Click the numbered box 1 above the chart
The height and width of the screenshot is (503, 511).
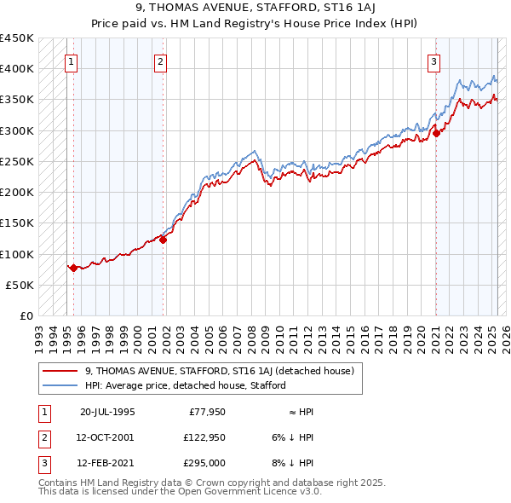[x=71, y=61]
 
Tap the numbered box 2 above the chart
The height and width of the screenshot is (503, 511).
[x=160, y=61]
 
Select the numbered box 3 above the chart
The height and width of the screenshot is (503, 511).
[x=433, y=61]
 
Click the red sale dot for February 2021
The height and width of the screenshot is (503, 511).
[x=436, y=133]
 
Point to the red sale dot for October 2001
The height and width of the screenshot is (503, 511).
[x=164, y=240]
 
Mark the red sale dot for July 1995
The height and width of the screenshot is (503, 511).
[x=74, y=268]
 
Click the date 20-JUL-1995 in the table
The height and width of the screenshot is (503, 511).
[x=106, y=412]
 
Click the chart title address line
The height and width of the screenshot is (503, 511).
[x=255, y=9]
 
